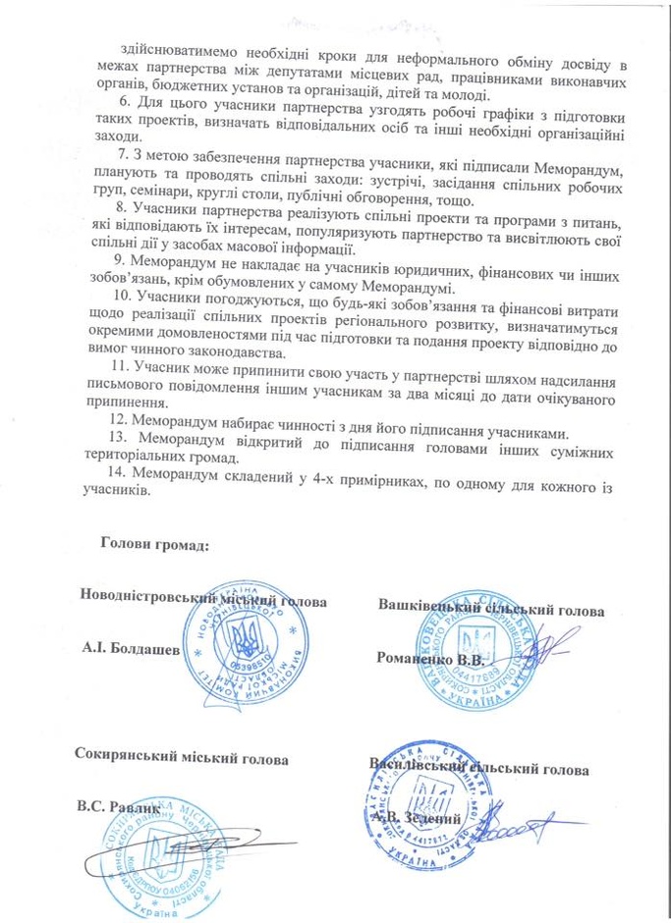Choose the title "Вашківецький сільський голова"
coord(490,609)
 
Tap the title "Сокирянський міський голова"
coord(182,758)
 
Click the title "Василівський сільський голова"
coord(478,769)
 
